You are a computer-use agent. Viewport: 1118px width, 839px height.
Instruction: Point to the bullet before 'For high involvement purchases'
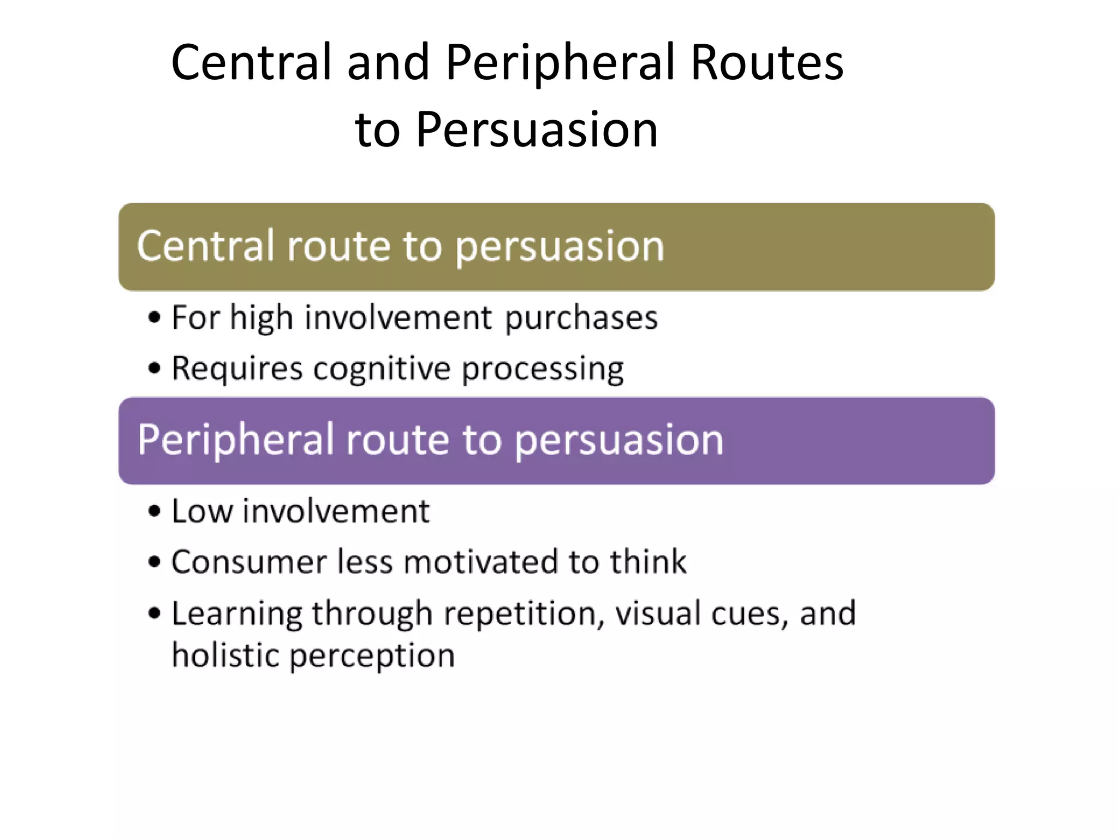[x=155, y=317]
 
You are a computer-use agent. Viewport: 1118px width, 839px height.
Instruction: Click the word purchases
[x=581, y=318]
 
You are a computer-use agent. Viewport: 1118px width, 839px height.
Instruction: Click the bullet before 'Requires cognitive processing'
[x=155, y=368]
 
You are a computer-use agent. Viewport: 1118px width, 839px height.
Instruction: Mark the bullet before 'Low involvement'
[x=155, y=512]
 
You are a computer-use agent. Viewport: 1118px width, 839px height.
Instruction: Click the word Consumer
[x=248, y=562]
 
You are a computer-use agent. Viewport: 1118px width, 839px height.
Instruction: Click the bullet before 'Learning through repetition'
[x=155, y=613]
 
